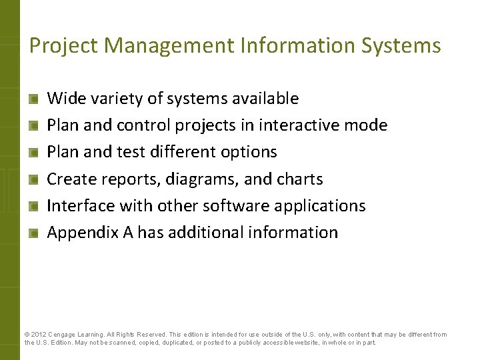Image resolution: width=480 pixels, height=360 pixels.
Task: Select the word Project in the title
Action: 64,45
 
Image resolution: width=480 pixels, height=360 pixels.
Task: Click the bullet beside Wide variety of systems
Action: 33,99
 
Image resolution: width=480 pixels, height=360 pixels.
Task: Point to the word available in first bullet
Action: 265,99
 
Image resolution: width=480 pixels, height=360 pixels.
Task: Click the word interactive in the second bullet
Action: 293,125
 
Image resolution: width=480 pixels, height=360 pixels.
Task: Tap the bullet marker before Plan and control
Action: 33,126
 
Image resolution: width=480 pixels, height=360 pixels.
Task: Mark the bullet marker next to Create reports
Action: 33,179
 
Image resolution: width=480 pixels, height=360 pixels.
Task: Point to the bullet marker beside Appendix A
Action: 33,233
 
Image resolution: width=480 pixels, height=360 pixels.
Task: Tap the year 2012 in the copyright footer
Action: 39,335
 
